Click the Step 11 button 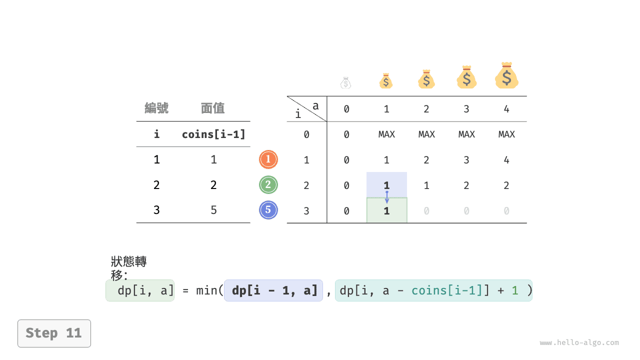(x=54, y=333)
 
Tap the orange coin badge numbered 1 (x=268, y=159)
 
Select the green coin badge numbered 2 (x=268, y=185)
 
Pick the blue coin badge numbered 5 (x=268, y=210)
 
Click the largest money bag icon (x=506, y=75)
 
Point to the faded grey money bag (x=345, y=83)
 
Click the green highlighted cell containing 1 (x=387, y=210)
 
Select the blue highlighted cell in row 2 (x=387, y=184)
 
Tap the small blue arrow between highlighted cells (x=387, y=197)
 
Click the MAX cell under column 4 (x=506, y=134)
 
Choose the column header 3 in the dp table (x=466, y=109)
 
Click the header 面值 (x=212, y=108)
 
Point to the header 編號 (x=156, y=108)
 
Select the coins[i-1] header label (x=213, y=134)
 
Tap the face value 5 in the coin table (x=213, y=210)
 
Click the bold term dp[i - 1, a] (x=274, y=290)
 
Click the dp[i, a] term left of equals (x=145, y=290)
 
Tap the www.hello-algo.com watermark (x=579, y=342)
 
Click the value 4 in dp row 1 (x=506, y=159)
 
